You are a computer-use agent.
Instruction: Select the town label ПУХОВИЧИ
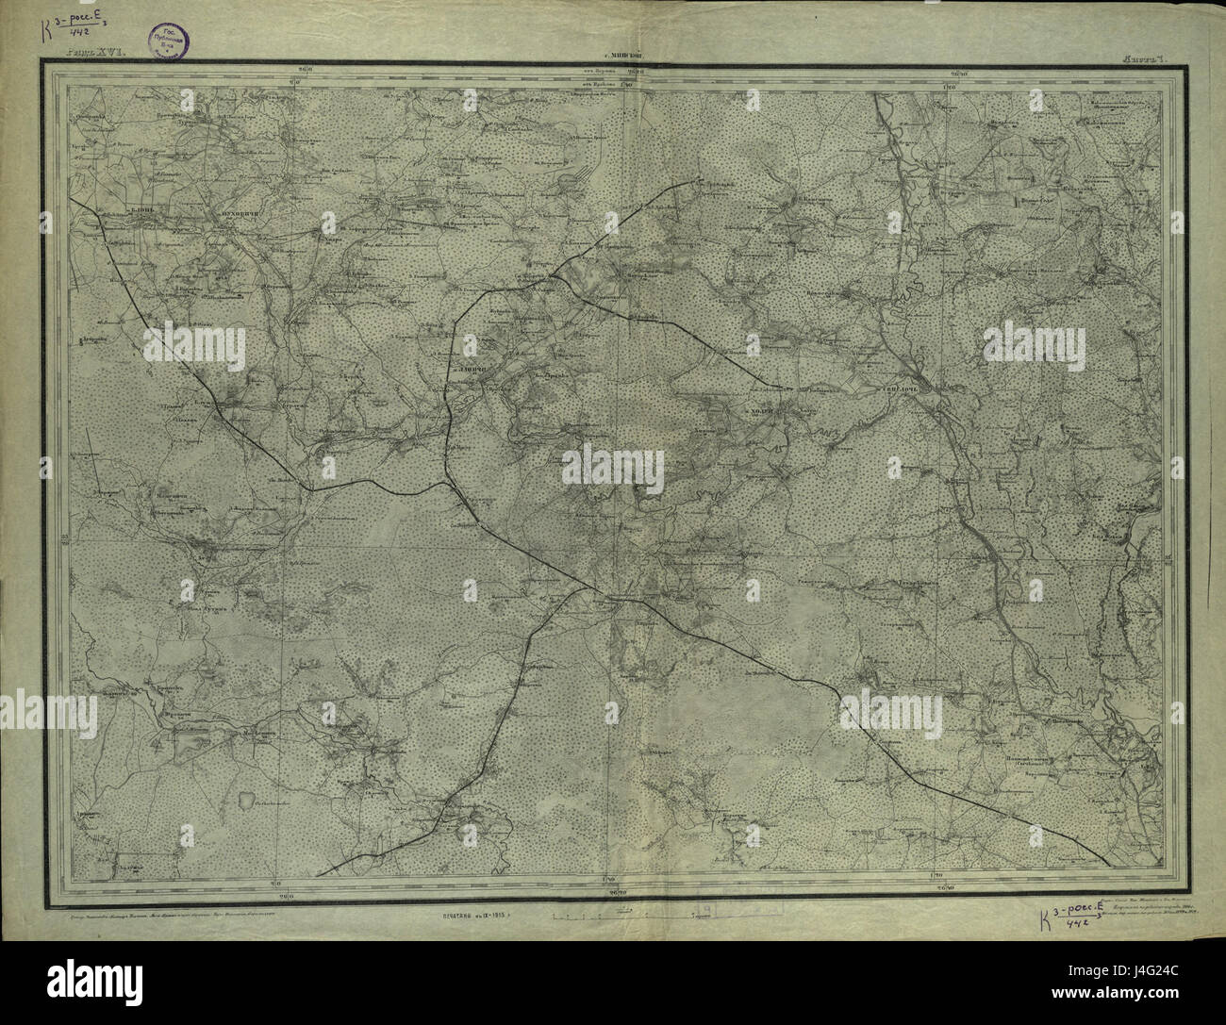(x=214, y=216)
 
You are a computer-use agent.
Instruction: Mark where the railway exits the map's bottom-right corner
(x=1108, y=862)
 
